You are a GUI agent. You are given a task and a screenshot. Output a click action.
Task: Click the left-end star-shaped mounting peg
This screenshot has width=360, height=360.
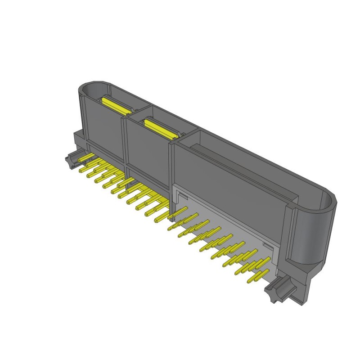(71, 160)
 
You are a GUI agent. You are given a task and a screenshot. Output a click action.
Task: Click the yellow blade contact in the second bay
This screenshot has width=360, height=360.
(160, 128)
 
